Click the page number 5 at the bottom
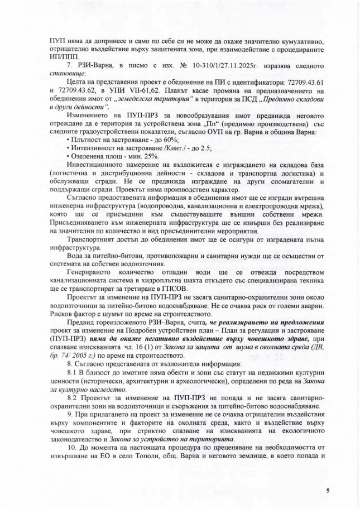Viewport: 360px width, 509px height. tap(328, 491)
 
